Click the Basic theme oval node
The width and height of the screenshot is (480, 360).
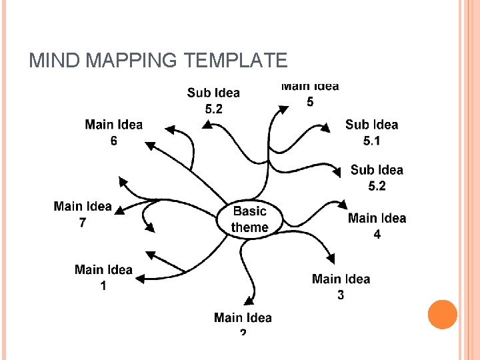pos(250,219)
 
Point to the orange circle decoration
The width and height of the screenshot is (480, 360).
pos(442,314)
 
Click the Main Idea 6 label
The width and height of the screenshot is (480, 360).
pos(113,132)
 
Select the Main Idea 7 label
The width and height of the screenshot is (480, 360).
pos(83,214)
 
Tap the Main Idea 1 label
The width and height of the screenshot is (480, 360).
pos(103,277)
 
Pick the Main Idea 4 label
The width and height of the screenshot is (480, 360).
pos(377,226)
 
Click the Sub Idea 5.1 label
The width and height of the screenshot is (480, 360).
pos(371,132)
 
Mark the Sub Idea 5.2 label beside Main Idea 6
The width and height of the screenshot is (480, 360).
pos(213,101)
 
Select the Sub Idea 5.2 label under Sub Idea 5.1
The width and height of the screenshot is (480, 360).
pos(377,178)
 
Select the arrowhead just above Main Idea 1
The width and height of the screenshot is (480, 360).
pos(150,254)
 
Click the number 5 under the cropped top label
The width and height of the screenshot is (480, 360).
pos(310,101)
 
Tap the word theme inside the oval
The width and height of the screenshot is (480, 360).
pos(250,227)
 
